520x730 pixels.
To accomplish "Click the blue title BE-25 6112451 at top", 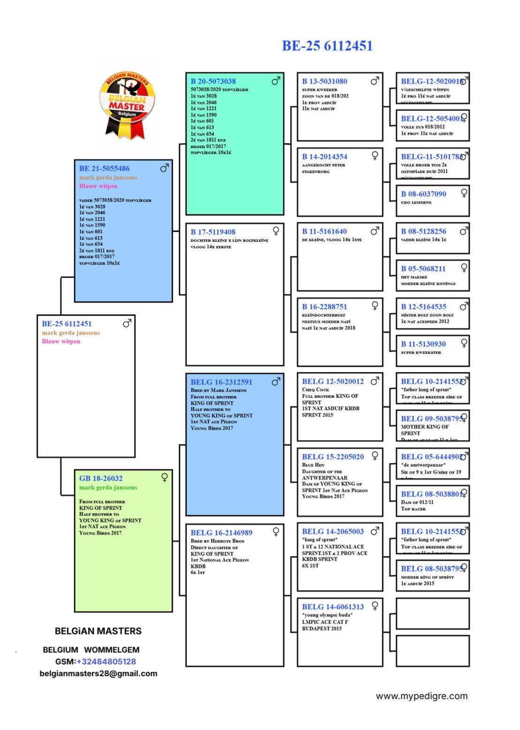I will click(327, 46).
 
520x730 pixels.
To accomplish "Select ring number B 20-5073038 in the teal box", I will click(213, 81).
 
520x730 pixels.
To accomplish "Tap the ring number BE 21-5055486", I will click(104, 168).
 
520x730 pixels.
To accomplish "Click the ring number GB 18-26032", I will click(101, 479).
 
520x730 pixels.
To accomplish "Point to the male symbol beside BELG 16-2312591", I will click(276, 381).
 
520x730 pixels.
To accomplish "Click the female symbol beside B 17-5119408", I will click(276, 231).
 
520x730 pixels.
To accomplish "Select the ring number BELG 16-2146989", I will click(222, 532).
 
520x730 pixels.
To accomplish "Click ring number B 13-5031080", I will click(325, 81).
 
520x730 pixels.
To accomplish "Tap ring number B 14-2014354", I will click(325, 157).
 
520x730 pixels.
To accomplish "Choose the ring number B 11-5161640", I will click(325, 231).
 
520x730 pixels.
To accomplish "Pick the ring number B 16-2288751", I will click(325, 307).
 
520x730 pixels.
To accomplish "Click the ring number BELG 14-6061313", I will click(333, 607).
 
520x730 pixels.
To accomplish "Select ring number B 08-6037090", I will click(423, 194).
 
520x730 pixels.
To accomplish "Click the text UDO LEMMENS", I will click(416, 203).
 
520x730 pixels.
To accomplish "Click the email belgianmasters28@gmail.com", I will click(99, 674).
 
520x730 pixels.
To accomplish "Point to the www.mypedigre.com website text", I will click(421, 696).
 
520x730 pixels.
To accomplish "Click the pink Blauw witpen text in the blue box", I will click(98, 186).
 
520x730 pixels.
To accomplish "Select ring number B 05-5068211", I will click(423, 269).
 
